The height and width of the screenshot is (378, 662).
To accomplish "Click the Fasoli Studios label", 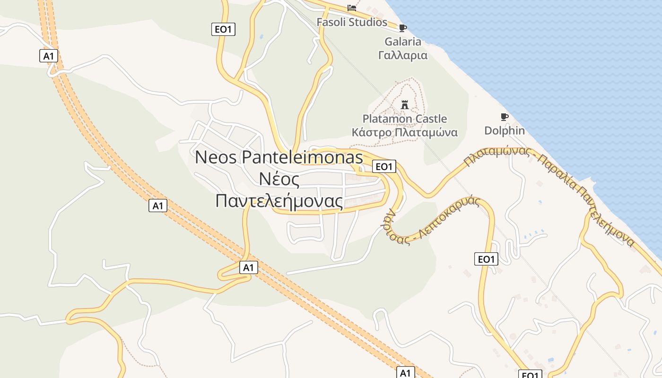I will [x=351, y=22].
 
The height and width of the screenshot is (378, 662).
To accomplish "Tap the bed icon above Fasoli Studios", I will [x=351, y=8].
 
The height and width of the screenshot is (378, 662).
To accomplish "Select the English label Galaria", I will [x=402, y=42].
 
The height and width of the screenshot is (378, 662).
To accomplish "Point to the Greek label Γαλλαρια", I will [x=402, y=55].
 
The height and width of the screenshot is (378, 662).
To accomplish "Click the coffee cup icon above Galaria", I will [x=402, y=28].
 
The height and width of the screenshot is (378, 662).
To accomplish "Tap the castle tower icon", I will [x=404, y=104].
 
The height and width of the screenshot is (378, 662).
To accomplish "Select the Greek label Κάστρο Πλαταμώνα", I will [x=404, y=132].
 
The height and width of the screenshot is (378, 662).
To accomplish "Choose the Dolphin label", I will [x=505, y=130].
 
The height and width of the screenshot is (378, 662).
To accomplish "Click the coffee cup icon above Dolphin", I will [x=505, y=117].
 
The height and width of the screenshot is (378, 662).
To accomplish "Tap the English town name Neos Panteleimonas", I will [x=279, y=157].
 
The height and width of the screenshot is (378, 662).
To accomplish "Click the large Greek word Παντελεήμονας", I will [x=279, y=201].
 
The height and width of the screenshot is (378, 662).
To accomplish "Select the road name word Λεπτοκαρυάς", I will [x=449, y=217].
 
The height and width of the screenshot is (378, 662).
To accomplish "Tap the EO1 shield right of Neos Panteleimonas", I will [x=383, y=166].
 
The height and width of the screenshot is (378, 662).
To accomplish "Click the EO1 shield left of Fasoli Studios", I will [x=223, y=29].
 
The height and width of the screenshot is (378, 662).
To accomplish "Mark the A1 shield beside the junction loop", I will [x=248, y=267].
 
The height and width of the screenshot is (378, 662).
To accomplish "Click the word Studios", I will [x=369, y=22].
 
